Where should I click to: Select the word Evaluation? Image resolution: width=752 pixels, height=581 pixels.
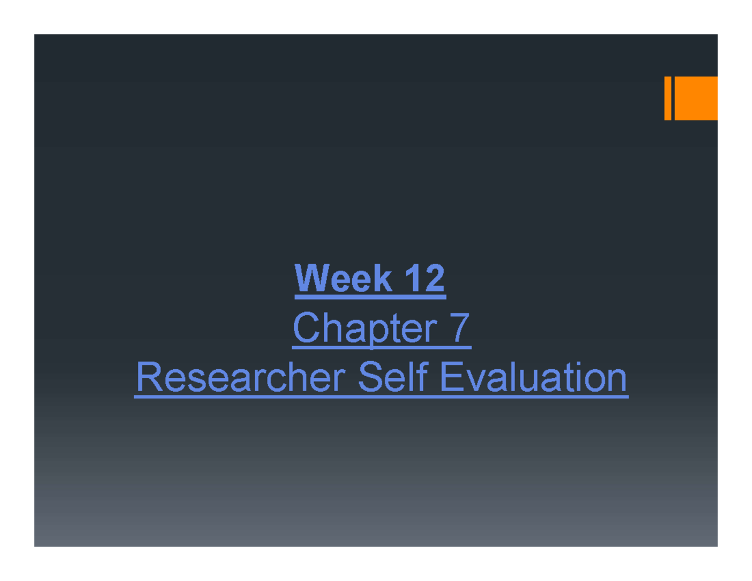point(533,378)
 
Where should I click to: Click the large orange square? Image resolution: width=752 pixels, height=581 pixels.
point(696,98)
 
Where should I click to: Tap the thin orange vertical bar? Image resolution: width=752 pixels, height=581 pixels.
point(668,98)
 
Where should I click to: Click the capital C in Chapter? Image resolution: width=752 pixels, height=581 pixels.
point(305,328)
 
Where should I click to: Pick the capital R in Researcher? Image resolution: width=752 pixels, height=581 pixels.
point(148,378)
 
